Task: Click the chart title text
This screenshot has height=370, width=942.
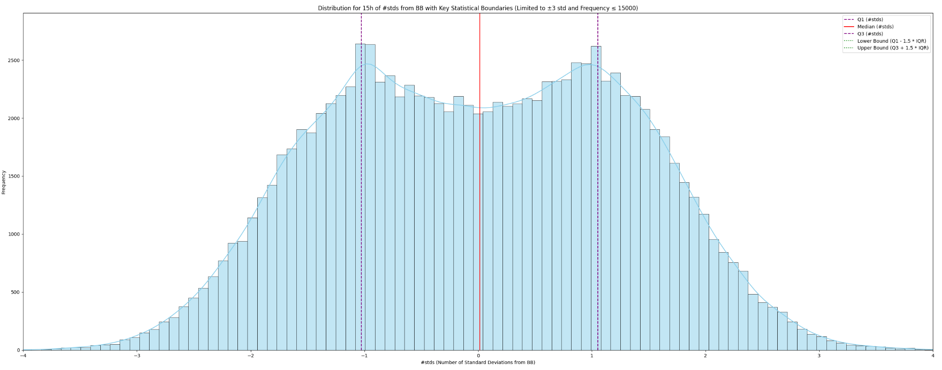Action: click(478, 8)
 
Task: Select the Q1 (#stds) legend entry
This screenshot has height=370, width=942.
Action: click(870, 20)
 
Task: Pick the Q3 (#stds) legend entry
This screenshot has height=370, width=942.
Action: click(870, 34)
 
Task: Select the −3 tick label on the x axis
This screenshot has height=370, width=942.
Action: click(137, 356)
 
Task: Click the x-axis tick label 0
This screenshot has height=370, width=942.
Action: click(478, 356)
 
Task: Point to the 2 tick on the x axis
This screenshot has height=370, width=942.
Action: click(705, 356)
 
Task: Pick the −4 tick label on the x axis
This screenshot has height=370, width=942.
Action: click(23, 356)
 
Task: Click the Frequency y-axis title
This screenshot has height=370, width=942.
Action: click(4, 182)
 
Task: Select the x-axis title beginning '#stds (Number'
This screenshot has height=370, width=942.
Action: click(478, 363)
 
